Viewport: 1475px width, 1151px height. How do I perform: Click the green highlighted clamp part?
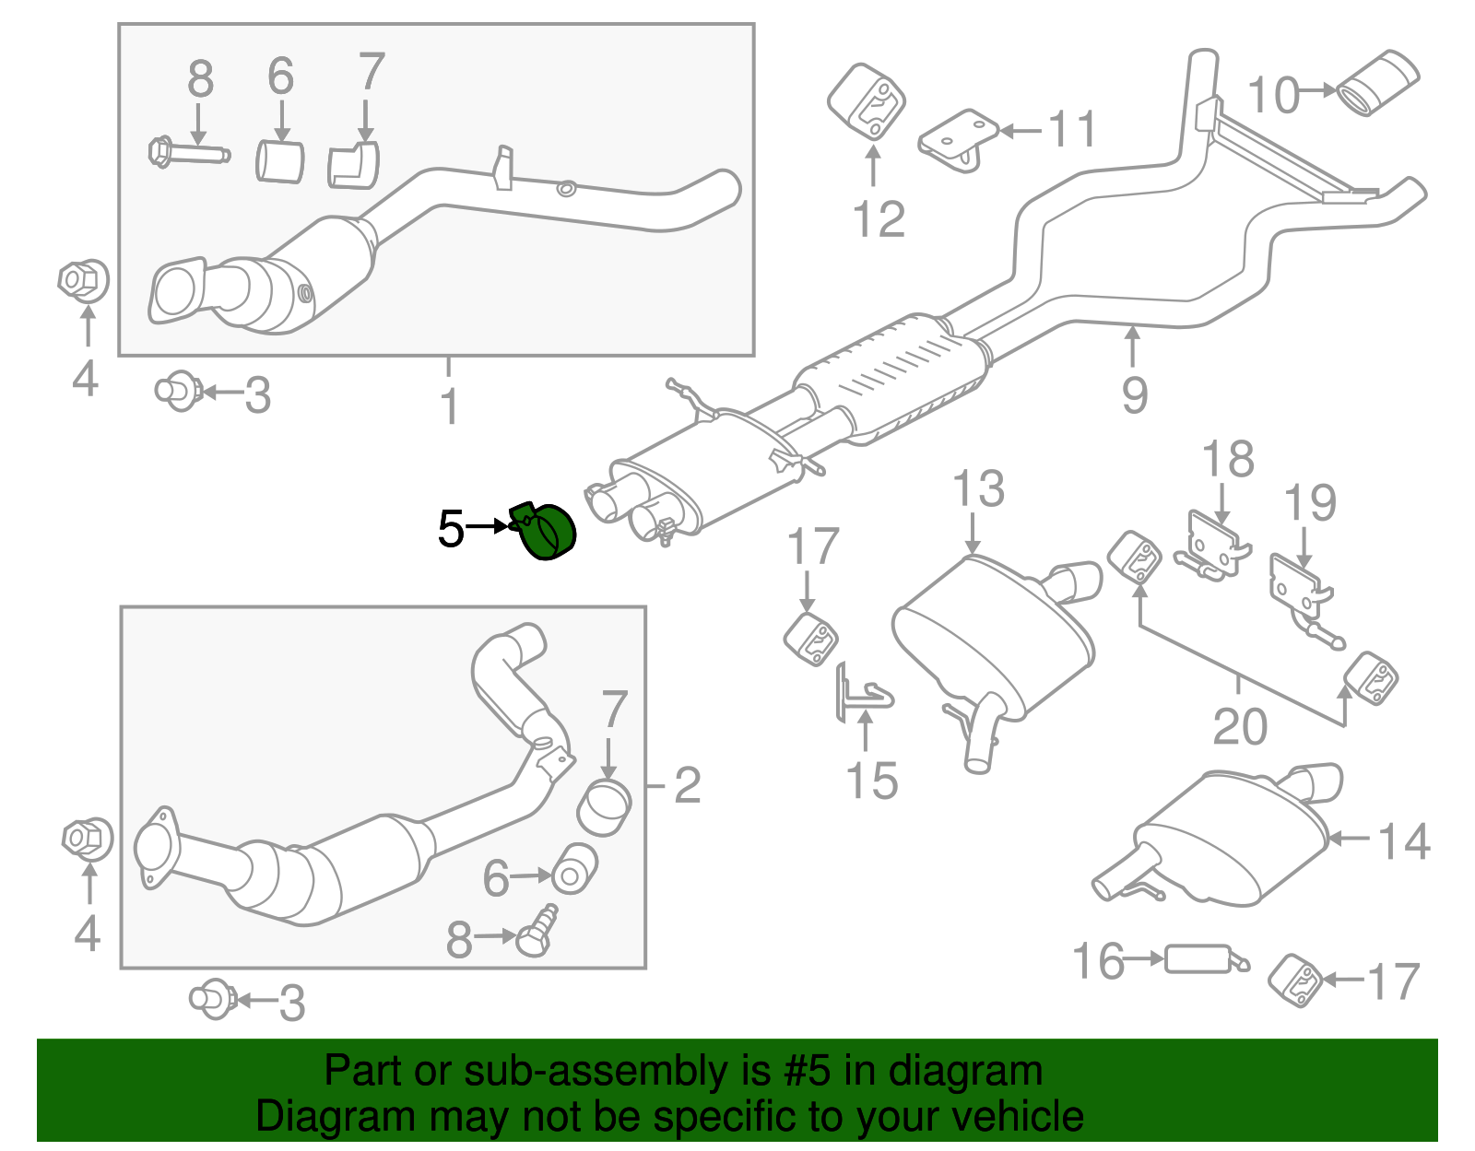546,532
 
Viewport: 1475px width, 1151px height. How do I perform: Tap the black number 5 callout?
451,529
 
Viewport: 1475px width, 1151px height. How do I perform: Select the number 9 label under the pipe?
1135,394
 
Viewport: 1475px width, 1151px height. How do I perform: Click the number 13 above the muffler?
978,489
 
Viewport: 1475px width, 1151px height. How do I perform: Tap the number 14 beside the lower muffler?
1404,841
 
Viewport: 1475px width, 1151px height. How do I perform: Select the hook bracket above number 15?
862,692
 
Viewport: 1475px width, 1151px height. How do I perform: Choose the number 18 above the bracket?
1229,459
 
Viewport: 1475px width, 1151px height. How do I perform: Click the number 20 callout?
1240,727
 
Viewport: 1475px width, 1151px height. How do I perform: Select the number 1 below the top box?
449,406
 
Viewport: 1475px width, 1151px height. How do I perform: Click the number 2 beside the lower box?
687,785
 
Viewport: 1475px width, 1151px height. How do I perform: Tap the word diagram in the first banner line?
965,1071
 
